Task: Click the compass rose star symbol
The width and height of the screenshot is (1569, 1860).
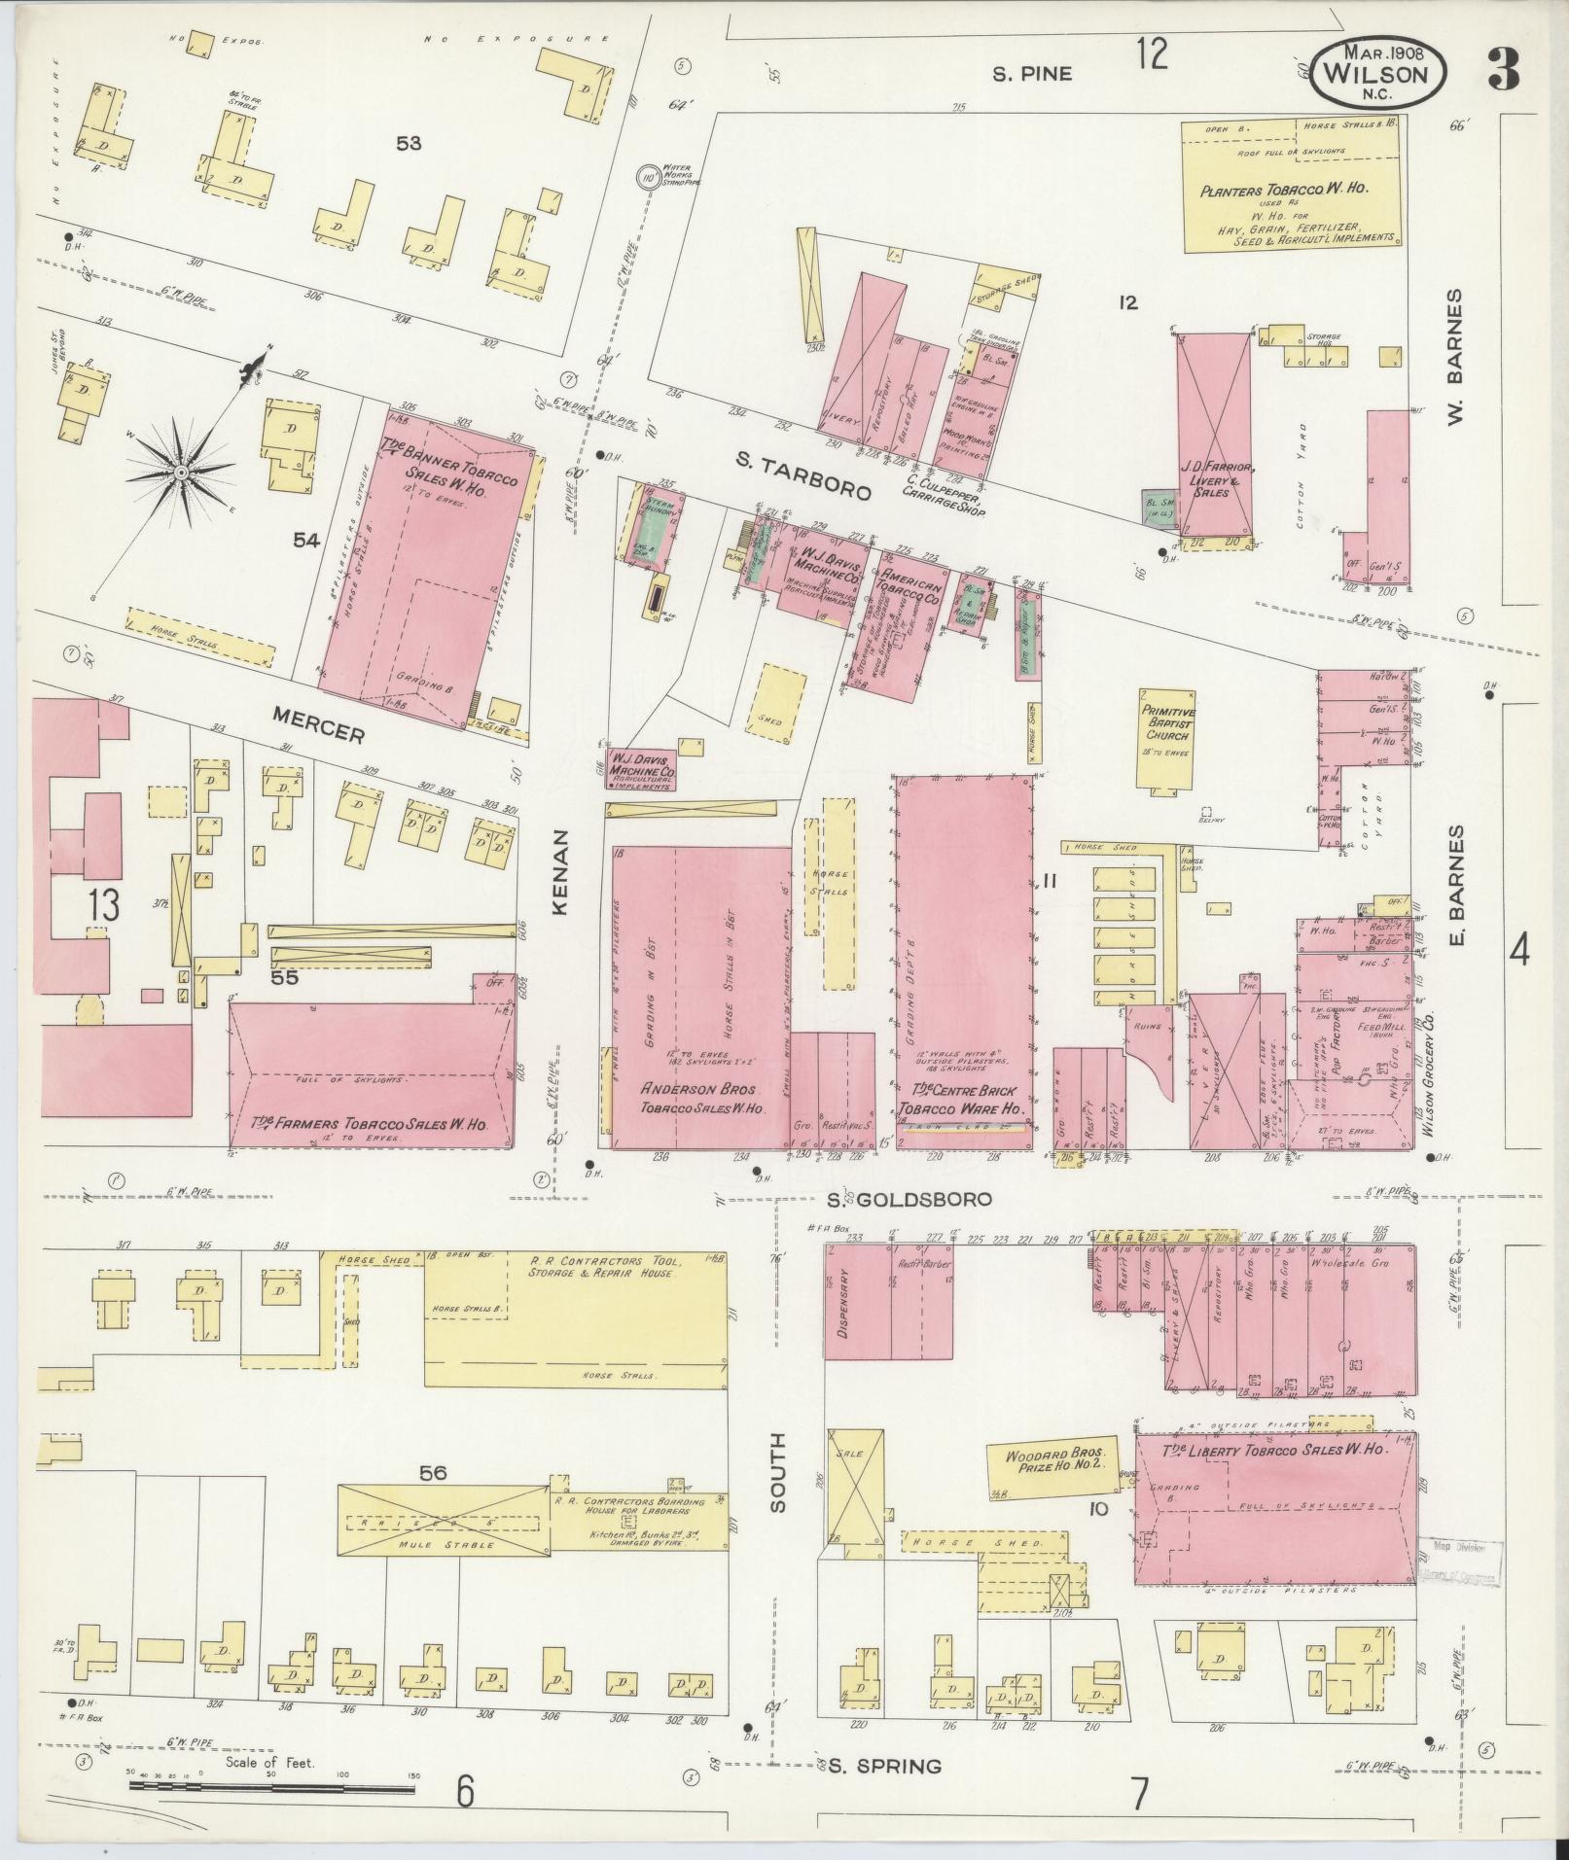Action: tap(181, 473)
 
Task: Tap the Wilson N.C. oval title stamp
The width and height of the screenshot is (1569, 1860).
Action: tap(1377, 75)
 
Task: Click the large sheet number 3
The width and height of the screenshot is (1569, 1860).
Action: tap(1503, 71)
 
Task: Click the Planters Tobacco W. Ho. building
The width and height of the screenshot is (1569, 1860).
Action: tap(1291, 187)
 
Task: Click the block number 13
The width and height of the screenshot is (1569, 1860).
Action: tap(103, 904)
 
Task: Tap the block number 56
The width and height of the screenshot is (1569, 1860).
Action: tap(432, 1473)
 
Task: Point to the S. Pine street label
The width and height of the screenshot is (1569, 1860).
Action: tap(1032, 73)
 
